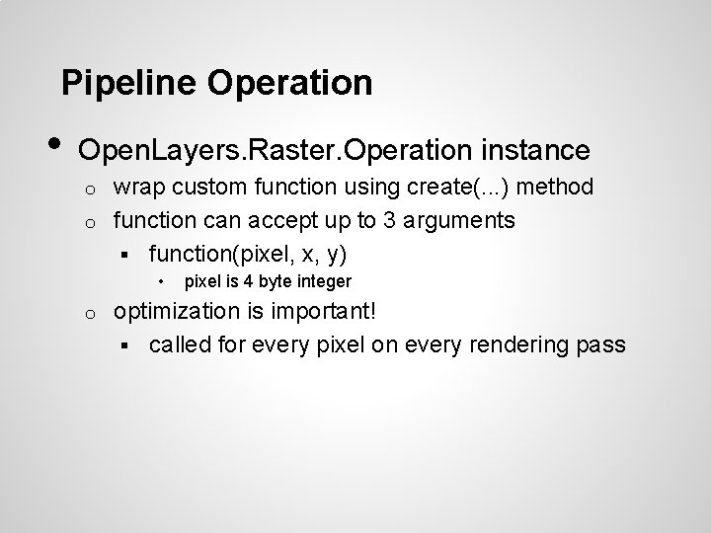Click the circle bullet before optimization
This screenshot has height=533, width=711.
pos(88,314)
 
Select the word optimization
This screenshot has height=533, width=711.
pos(178,312)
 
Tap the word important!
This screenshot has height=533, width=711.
pos(325,312)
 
